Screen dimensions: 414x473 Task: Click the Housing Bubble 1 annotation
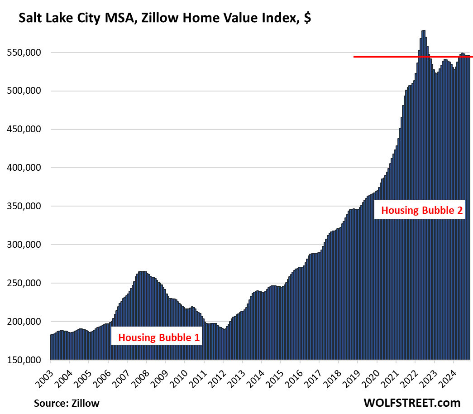click(158, 337)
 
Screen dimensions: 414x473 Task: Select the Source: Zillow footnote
click(67, 403)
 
